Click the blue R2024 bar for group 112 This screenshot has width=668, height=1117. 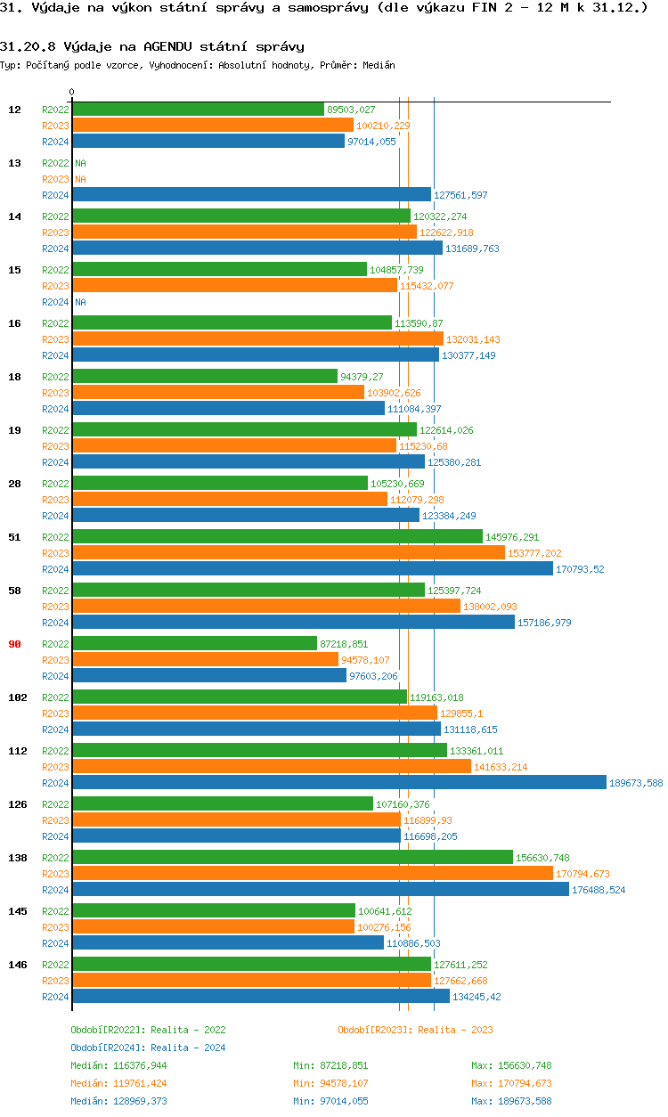pos(338,783)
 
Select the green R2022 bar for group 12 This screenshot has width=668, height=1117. pos(198,110)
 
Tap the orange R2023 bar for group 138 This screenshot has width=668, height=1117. pos(312,874)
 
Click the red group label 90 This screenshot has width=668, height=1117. pos(14,644)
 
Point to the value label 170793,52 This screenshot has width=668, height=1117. pos(580,569)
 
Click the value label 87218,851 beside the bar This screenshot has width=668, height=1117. pos(344,644)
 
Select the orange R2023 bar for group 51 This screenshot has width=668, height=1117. pos(288,553)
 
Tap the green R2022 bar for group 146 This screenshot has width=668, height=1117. pos(251,965)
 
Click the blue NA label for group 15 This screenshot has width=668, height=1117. pos(80,302)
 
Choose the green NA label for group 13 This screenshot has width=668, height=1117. pos(80,163)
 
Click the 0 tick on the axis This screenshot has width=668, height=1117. pos(72,93)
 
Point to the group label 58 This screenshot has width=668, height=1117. pos(14,591)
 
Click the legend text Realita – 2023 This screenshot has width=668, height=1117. pos(455,1030)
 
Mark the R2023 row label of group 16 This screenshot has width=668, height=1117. pos(55,339)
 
